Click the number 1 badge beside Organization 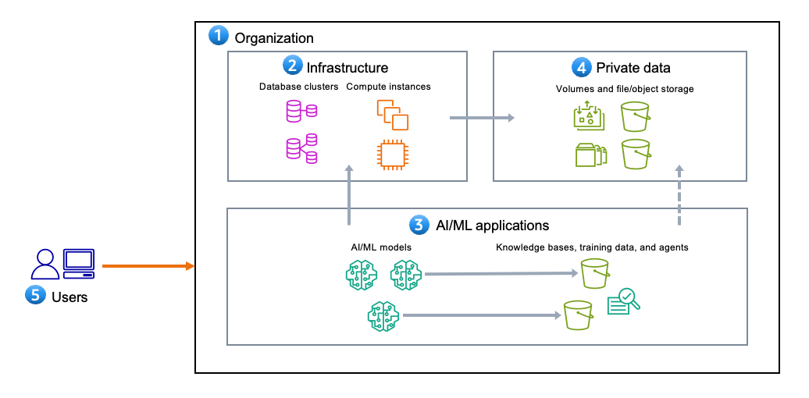pos(219,36)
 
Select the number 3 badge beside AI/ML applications pos(419,226)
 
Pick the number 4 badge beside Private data pos(581,67)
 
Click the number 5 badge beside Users pos(36,296)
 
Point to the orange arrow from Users pos(148,267)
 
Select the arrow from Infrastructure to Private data pos(482,118)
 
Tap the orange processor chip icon pos(390,154)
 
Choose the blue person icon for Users pos(45,264)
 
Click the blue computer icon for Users pos(79,263)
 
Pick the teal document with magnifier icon pos(623,302)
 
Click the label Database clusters pos(298,87)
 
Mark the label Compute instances pos(388,87)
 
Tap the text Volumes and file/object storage pos(624,89)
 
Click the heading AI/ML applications pos(490,226)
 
